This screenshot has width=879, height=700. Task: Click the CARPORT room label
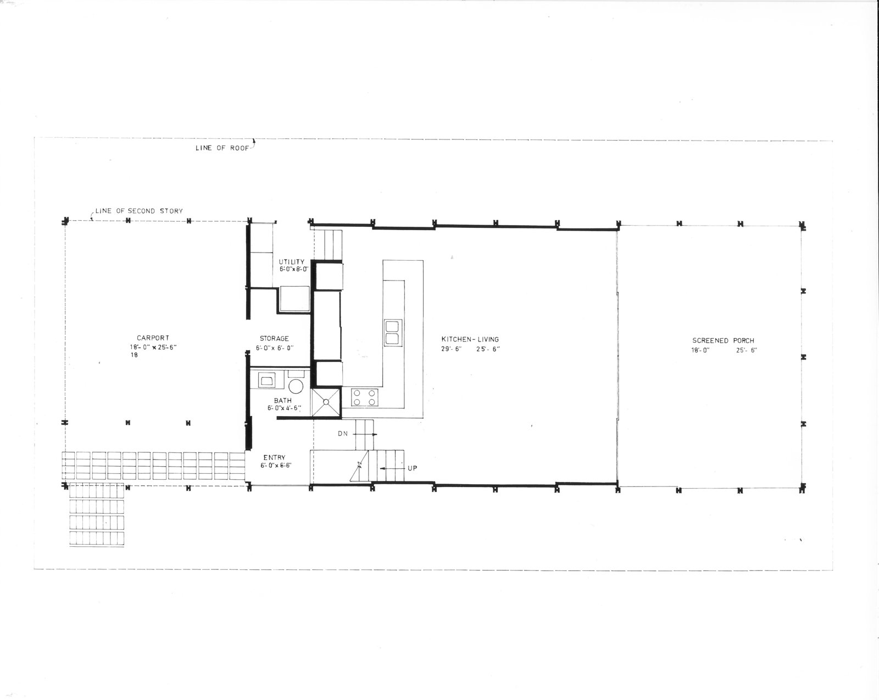(153, 338)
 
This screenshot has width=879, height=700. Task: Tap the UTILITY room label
(292, 262)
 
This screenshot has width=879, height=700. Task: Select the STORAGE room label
(274, 338)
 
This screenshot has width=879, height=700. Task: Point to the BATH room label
(282, 400)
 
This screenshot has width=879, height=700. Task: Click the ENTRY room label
(274, 457)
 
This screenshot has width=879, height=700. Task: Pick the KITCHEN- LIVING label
(470, 339)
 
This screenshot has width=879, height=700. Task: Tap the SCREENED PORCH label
(723, 340)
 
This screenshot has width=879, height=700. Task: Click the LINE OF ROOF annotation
(222, 148)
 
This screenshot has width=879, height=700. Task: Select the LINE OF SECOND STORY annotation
(139, 211)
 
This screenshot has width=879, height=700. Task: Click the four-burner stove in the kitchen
(364, 397)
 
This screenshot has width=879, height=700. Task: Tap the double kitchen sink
(392, 333)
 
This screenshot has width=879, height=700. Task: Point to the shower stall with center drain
(326, 402)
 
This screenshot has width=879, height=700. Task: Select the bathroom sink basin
(266, 380)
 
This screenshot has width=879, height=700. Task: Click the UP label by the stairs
(412, 468)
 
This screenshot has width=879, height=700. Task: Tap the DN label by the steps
(343, 434)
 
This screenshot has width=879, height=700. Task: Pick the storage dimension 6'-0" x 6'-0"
(275, 348)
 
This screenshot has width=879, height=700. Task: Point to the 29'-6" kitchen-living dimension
(451, 349)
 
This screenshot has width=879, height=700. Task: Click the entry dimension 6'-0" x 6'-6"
(276, 466)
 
